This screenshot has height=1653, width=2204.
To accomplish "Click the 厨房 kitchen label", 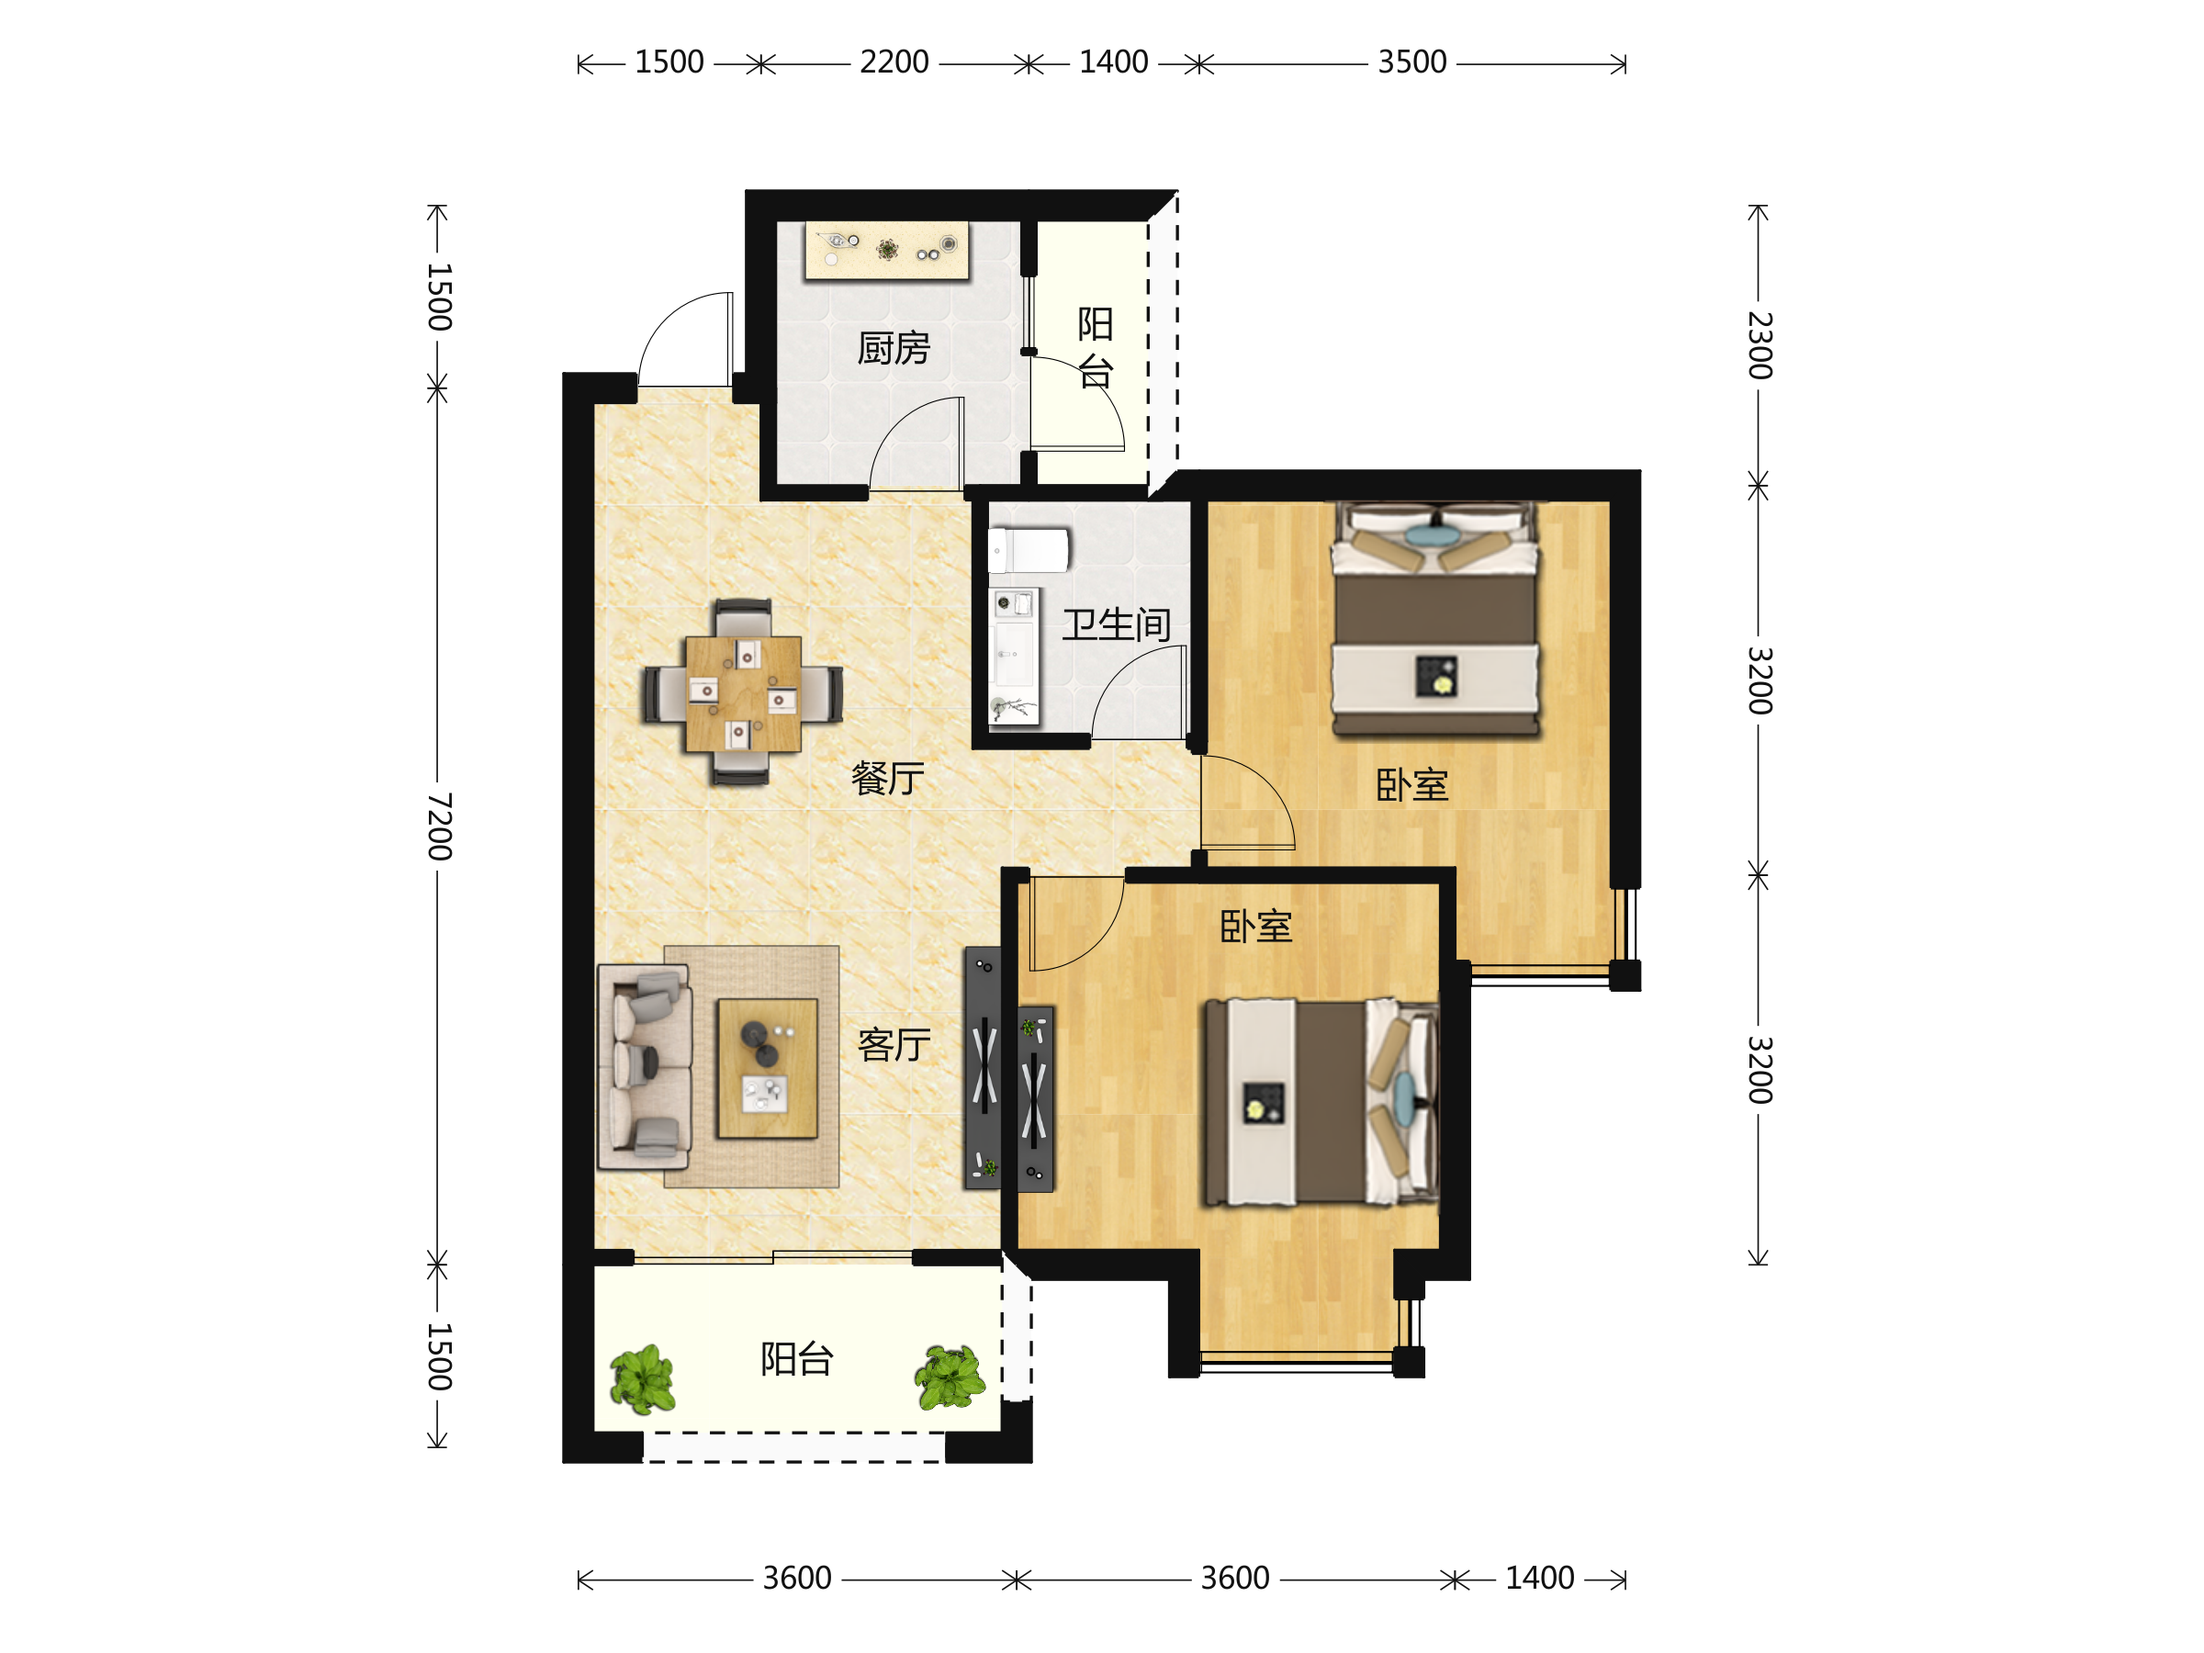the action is coord(894,349).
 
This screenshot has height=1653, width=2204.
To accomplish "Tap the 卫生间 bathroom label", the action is coord(1116,624).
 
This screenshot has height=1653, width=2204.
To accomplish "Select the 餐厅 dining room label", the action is coord(888,778).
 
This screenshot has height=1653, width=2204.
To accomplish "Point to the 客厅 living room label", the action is coord(894,1044).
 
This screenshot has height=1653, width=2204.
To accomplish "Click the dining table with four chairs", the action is coord(743,692).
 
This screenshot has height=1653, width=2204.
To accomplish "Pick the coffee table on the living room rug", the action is coord(767,1068).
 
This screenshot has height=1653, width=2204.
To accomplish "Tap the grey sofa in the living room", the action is coord(645,1066).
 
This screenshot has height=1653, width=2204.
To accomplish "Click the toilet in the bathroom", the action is coord(1028,551).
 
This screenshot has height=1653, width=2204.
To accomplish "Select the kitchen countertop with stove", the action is coord(887,250).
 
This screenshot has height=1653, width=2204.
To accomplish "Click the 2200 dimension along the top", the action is coord(894,62).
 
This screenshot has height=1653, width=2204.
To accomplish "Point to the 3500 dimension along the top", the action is coord(1411,62).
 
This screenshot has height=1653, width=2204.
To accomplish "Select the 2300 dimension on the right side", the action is coord(1760,345).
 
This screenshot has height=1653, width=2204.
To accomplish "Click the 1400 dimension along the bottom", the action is coord(1539,1579).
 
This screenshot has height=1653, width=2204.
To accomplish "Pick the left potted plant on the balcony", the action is coord(643,1379).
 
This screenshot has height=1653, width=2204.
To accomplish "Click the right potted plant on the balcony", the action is coord(950,1377).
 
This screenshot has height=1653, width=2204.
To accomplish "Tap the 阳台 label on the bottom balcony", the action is coord(796,1359).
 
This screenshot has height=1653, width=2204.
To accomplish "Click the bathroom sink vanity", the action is coord(1015,656).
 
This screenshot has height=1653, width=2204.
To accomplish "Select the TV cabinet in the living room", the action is coord(983,1068).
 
